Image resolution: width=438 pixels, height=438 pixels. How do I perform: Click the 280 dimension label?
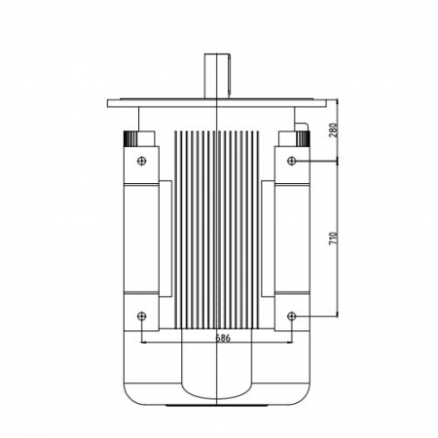[333, 130]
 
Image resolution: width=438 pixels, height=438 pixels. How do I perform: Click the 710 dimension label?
[333, 238]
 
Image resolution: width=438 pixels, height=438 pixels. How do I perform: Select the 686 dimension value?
[223, 338]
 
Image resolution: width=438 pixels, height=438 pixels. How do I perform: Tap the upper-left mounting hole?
[142, 161]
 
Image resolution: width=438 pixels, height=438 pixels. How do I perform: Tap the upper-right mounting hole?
[292, 161]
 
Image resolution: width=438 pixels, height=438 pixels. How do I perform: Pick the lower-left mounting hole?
[142, 315]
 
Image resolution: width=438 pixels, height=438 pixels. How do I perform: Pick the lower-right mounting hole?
[292, 315]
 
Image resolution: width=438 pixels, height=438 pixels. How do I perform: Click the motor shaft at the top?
[216, 76]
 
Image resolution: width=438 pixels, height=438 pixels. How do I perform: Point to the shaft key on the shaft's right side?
[230, 77]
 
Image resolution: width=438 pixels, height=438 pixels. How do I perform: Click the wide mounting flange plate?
[217, 103]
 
